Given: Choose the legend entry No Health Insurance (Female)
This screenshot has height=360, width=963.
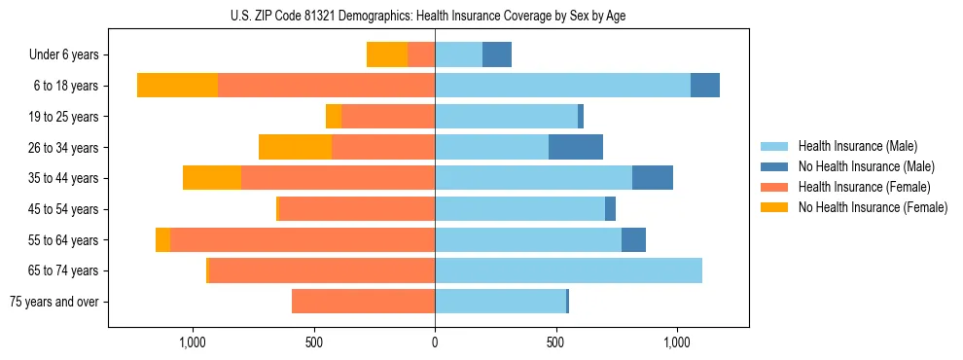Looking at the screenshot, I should [873, 207].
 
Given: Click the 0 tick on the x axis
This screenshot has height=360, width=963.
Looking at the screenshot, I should [435, 342].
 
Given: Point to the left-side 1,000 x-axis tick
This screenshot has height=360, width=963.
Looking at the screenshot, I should [193, 342].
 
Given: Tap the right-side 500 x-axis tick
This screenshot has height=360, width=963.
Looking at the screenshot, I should [555, 342].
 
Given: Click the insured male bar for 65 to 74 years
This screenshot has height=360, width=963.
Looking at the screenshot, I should [568, 270].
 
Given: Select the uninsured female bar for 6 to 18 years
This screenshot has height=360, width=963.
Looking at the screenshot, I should [177, 86].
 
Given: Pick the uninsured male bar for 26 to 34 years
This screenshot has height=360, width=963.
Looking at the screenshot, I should [576, 147].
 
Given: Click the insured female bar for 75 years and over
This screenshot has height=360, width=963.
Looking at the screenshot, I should [363, 302].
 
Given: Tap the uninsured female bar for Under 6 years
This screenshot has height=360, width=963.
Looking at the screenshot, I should [387, 54].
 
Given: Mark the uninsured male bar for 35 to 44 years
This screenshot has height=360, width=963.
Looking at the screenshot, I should [653, 178].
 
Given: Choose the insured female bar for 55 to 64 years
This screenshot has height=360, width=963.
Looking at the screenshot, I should [303, 239].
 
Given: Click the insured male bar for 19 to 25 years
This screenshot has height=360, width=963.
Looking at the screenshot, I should [506, 117].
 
